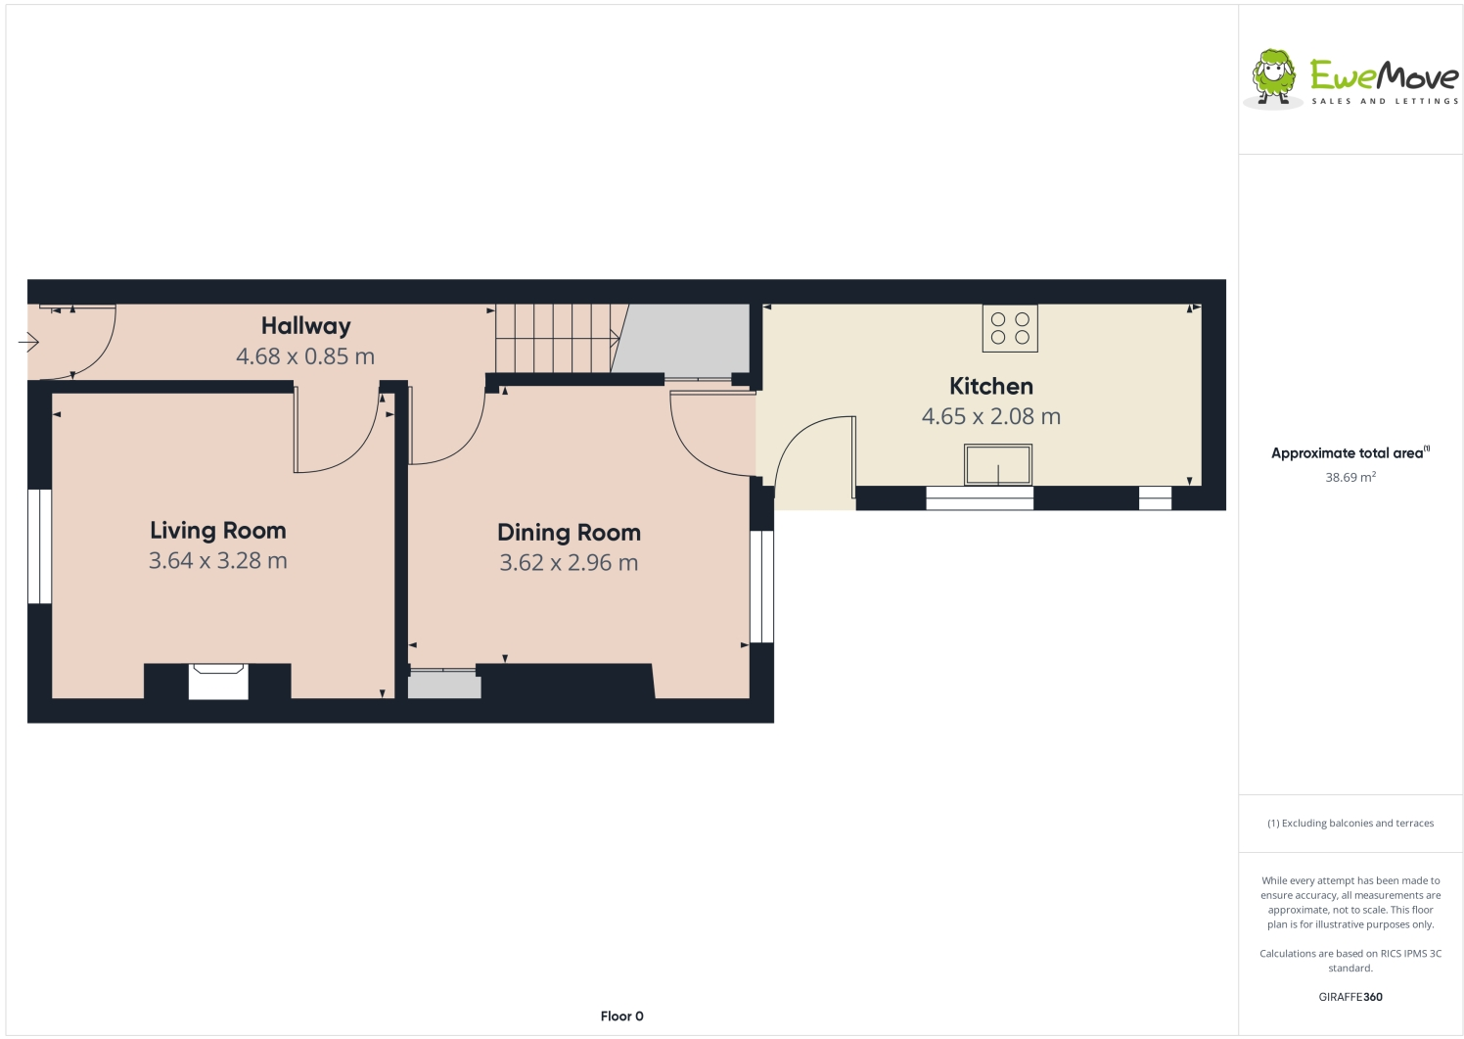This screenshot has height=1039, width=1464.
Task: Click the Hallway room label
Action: tap(305, 326)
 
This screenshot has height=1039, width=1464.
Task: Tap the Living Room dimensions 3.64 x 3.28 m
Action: tap(218, 561)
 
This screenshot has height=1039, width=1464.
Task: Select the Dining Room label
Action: tap(569, 533)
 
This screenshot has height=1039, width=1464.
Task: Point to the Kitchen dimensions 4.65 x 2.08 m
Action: tap(990, 416)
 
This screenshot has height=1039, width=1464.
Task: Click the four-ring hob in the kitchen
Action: tap(1010, 328)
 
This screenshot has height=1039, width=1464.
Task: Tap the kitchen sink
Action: tap(997, 464)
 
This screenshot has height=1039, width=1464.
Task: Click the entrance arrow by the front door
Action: tap(28, 342)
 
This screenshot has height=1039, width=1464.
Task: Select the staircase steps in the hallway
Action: tap(554, 338)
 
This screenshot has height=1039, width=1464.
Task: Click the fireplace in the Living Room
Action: tap(217, 681)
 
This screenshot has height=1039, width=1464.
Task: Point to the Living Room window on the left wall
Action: tap(39, 545)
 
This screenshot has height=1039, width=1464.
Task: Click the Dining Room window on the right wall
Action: tap(761, 586)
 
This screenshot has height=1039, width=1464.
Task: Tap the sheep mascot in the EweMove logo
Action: tap(1274, 76)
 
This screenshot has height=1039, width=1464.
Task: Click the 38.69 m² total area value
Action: tap(1350, 478)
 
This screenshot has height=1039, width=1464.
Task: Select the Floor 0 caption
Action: tap(622, 1016)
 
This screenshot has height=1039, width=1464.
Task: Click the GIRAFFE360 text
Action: tap(1350, 997)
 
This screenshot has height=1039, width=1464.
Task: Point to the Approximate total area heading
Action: tap(1349, 453)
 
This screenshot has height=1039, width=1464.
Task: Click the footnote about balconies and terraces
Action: tap(1350, 824)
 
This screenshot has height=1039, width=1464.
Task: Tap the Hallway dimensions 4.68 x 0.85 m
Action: tap(305, 356)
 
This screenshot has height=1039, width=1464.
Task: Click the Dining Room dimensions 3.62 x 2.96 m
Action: tap(569, 563)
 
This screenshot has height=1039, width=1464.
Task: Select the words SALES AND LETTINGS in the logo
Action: tap(1385, 101)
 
